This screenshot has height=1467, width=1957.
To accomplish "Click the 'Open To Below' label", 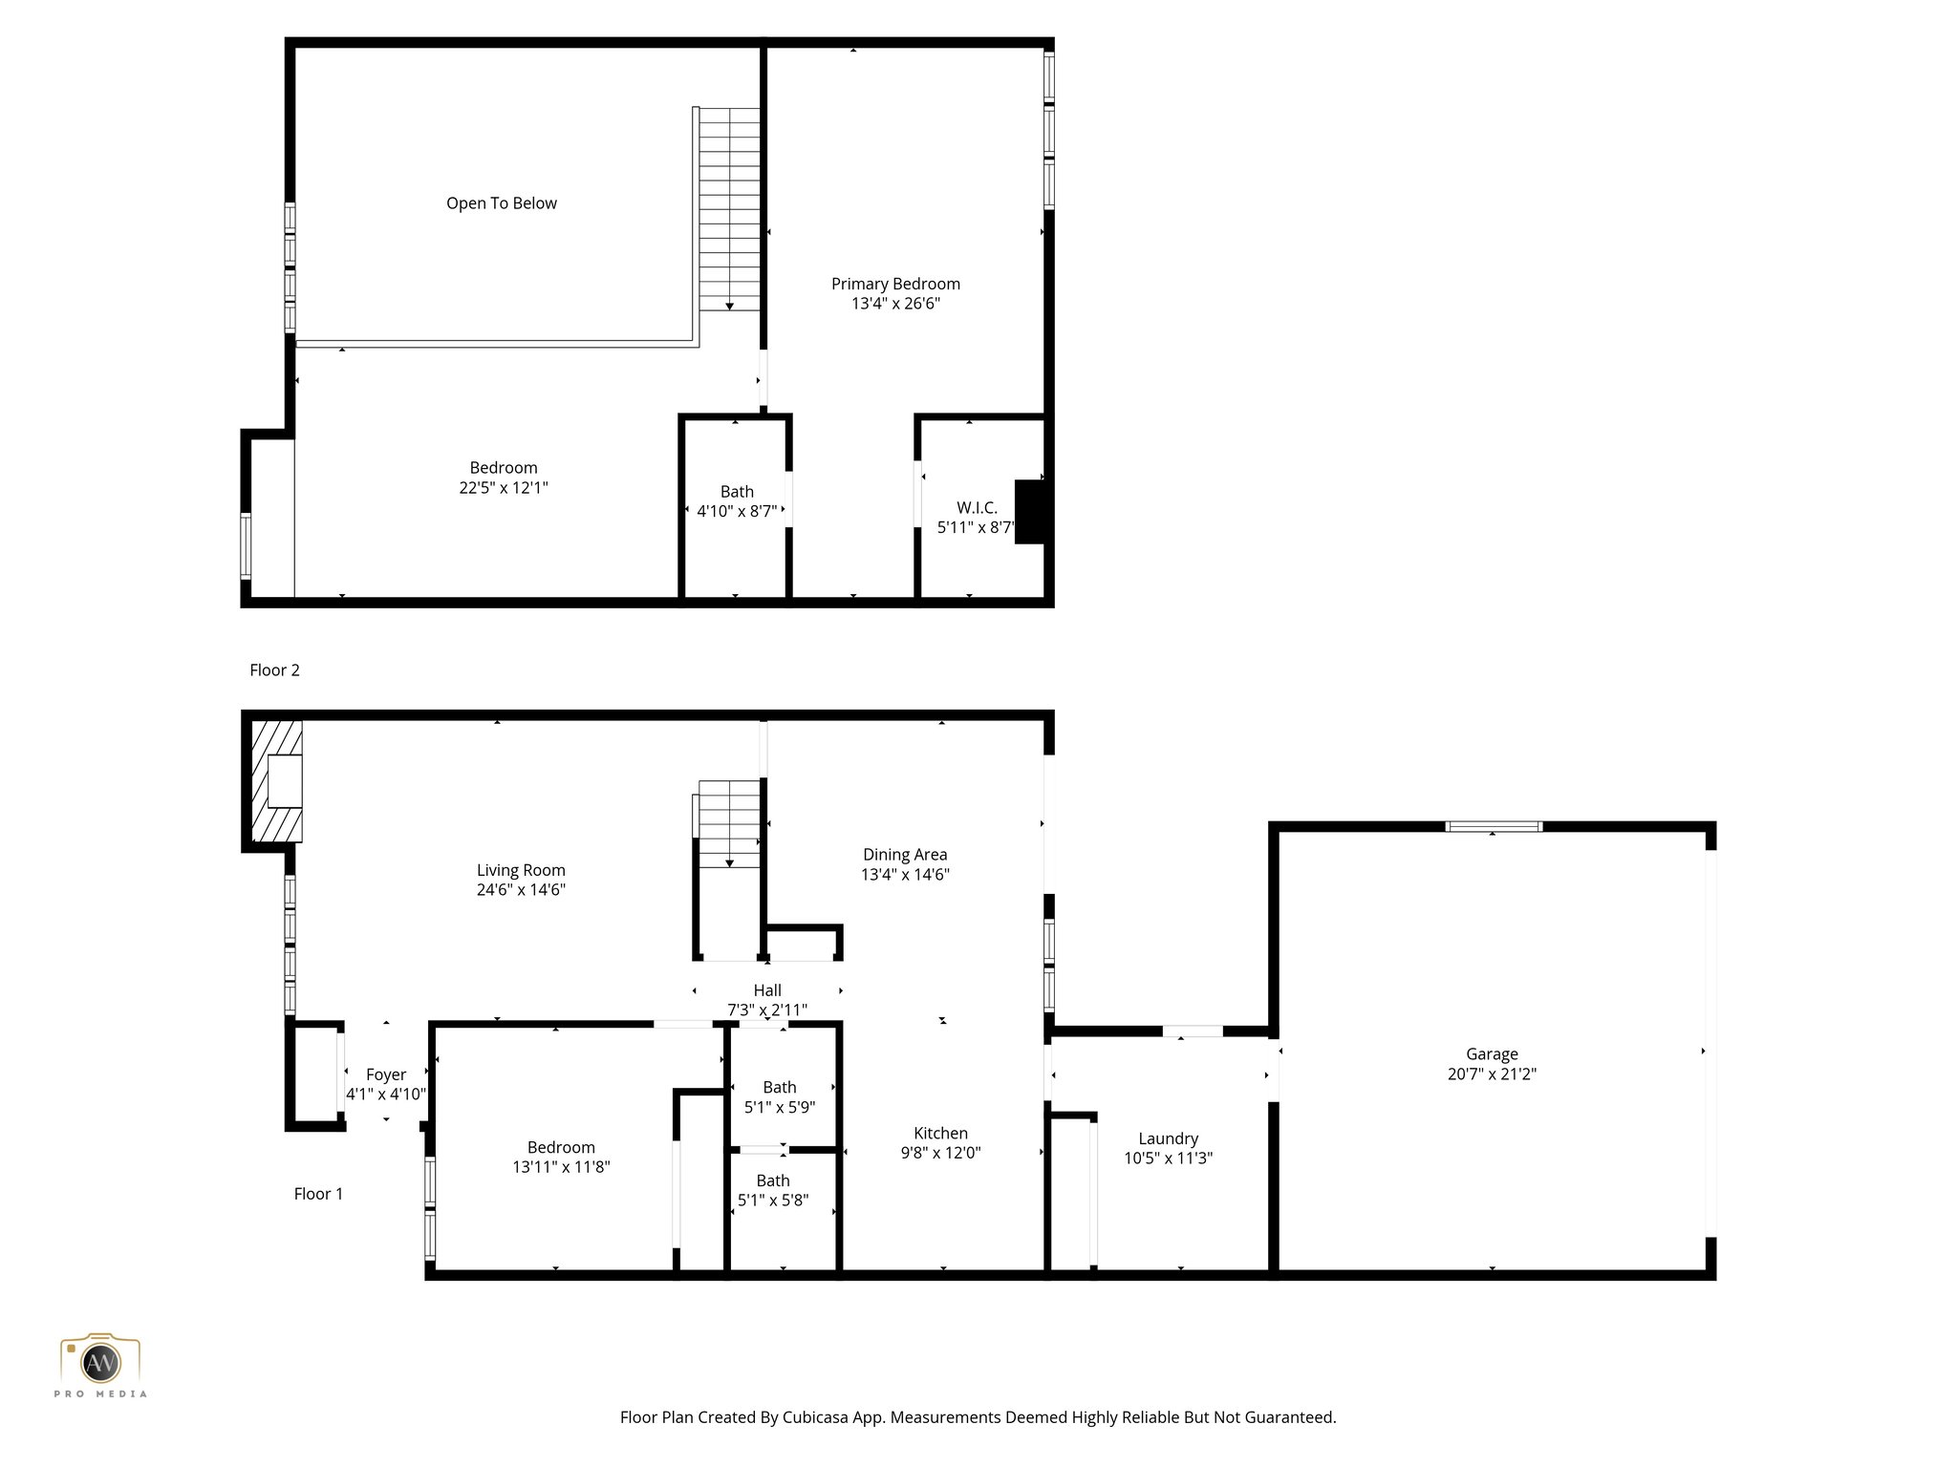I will coord(501,203).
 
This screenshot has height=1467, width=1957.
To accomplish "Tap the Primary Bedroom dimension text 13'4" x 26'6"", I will coord(895,304).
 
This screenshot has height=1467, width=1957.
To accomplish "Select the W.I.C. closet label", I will coord(977,508).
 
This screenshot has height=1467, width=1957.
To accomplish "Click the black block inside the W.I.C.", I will coord(1028,512).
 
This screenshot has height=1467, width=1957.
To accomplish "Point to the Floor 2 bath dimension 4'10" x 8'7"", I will coord(736,512).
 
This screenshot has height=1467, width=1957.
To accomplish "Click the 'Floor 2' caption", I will coord(274,670).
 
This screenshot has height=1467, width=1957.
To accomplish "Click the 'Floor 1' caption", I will coord(318,1194).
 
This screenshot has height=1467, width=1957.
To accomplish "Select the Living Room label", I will coord(521,870).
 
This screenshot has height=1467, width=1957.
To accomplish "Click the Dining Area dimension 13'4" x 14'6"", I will coord(904,875).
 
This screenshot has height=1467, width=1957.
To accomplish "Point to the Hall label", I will coord(767,990).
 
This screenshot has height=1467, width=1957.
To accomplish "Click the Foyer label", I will coord(386,1074).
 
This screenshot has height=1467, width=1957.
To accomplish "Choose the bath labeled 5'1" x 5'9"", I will coord(779,1097).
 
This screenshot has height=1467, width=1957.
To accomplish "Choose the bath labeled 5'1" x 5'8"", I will coord(773,1191).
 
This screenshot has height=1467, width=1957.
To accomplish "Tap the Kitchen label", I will coord(940,1133).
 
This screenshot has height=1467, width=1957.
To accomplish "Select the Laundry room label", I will coord(1168,1138).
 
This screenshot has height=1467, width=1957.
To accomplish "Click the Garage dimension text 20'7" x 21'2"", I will coord(1492,1074).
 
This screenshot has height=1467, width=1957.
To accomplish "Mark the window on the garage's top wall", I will coord(1493,827).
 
